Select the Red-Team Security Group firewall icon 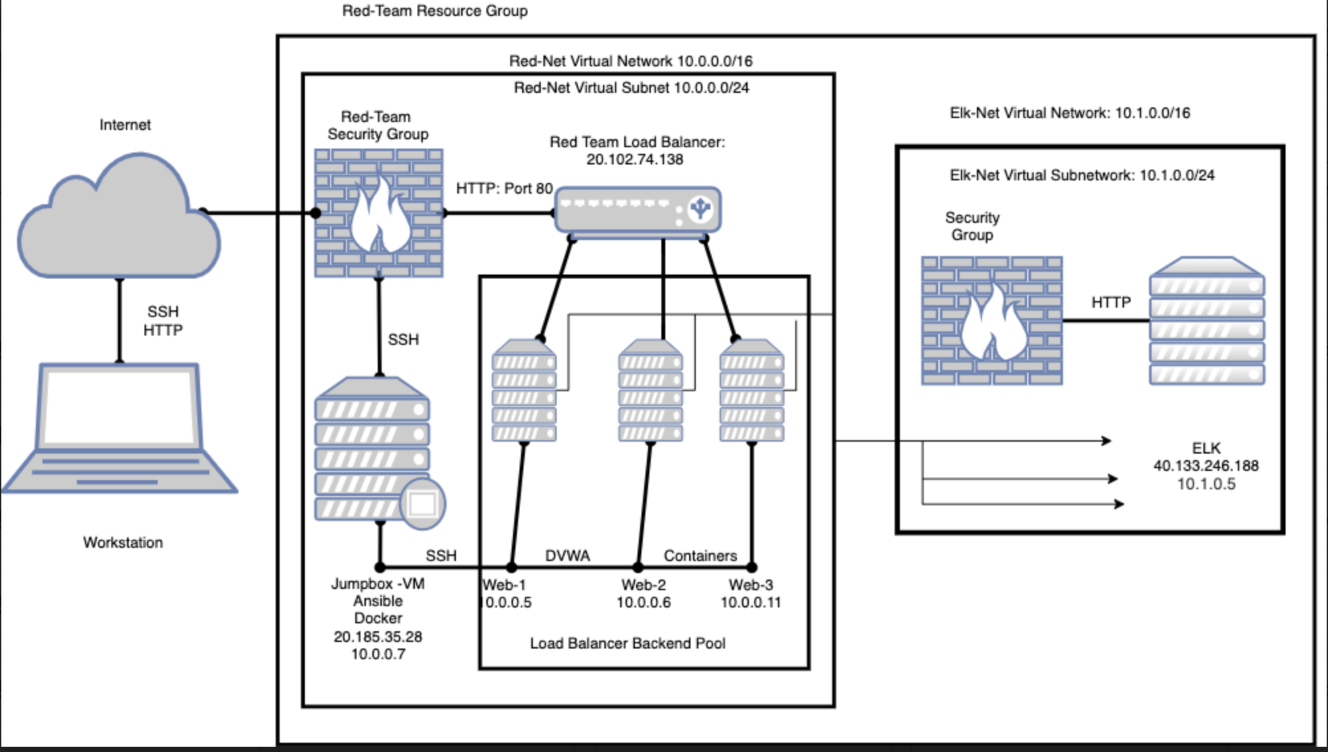pyautogui.click(x=378, y=213)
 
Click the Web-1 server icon pyautogui.click(x=524, y=391)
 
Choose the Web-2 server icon pyautogui.click(x=650, y=391)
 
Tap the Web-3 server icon pyautogui.click(x=751, y=391)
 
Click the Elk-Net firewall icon pyautogui.click(x=991, y=321)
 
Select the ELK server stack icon pyautogui.click(x=1207, y=321)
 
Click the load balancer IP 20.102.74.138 pyautogui.click(x=634, y=160)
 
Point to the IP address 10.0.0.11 pyautogui.click(x=751, y=603)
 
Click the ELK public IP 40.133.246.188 pyautogui.click(x=1205, y=466)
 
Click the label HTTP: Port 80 pyautogui.click(x=504, y=189)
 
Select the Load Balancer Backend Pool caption pyautogui.click(x=627, y=644)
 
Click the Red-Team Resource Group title pyautogui.click(x=435, y=11)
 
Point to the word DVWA pyautogui.click(x=567, y=556)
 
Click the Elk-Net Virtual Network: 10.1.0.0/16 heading pyautogui.click(x=1070, y=113)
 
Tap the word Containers pyautogui.click(x=700, y=556)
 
